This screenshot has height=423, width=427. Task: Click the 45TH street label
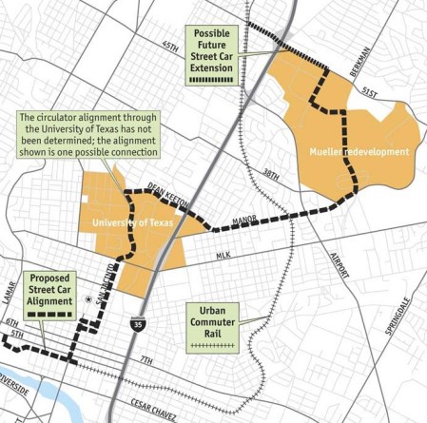[170, 45]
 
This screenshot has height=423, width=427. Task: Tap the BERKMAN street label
[352, 65]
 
